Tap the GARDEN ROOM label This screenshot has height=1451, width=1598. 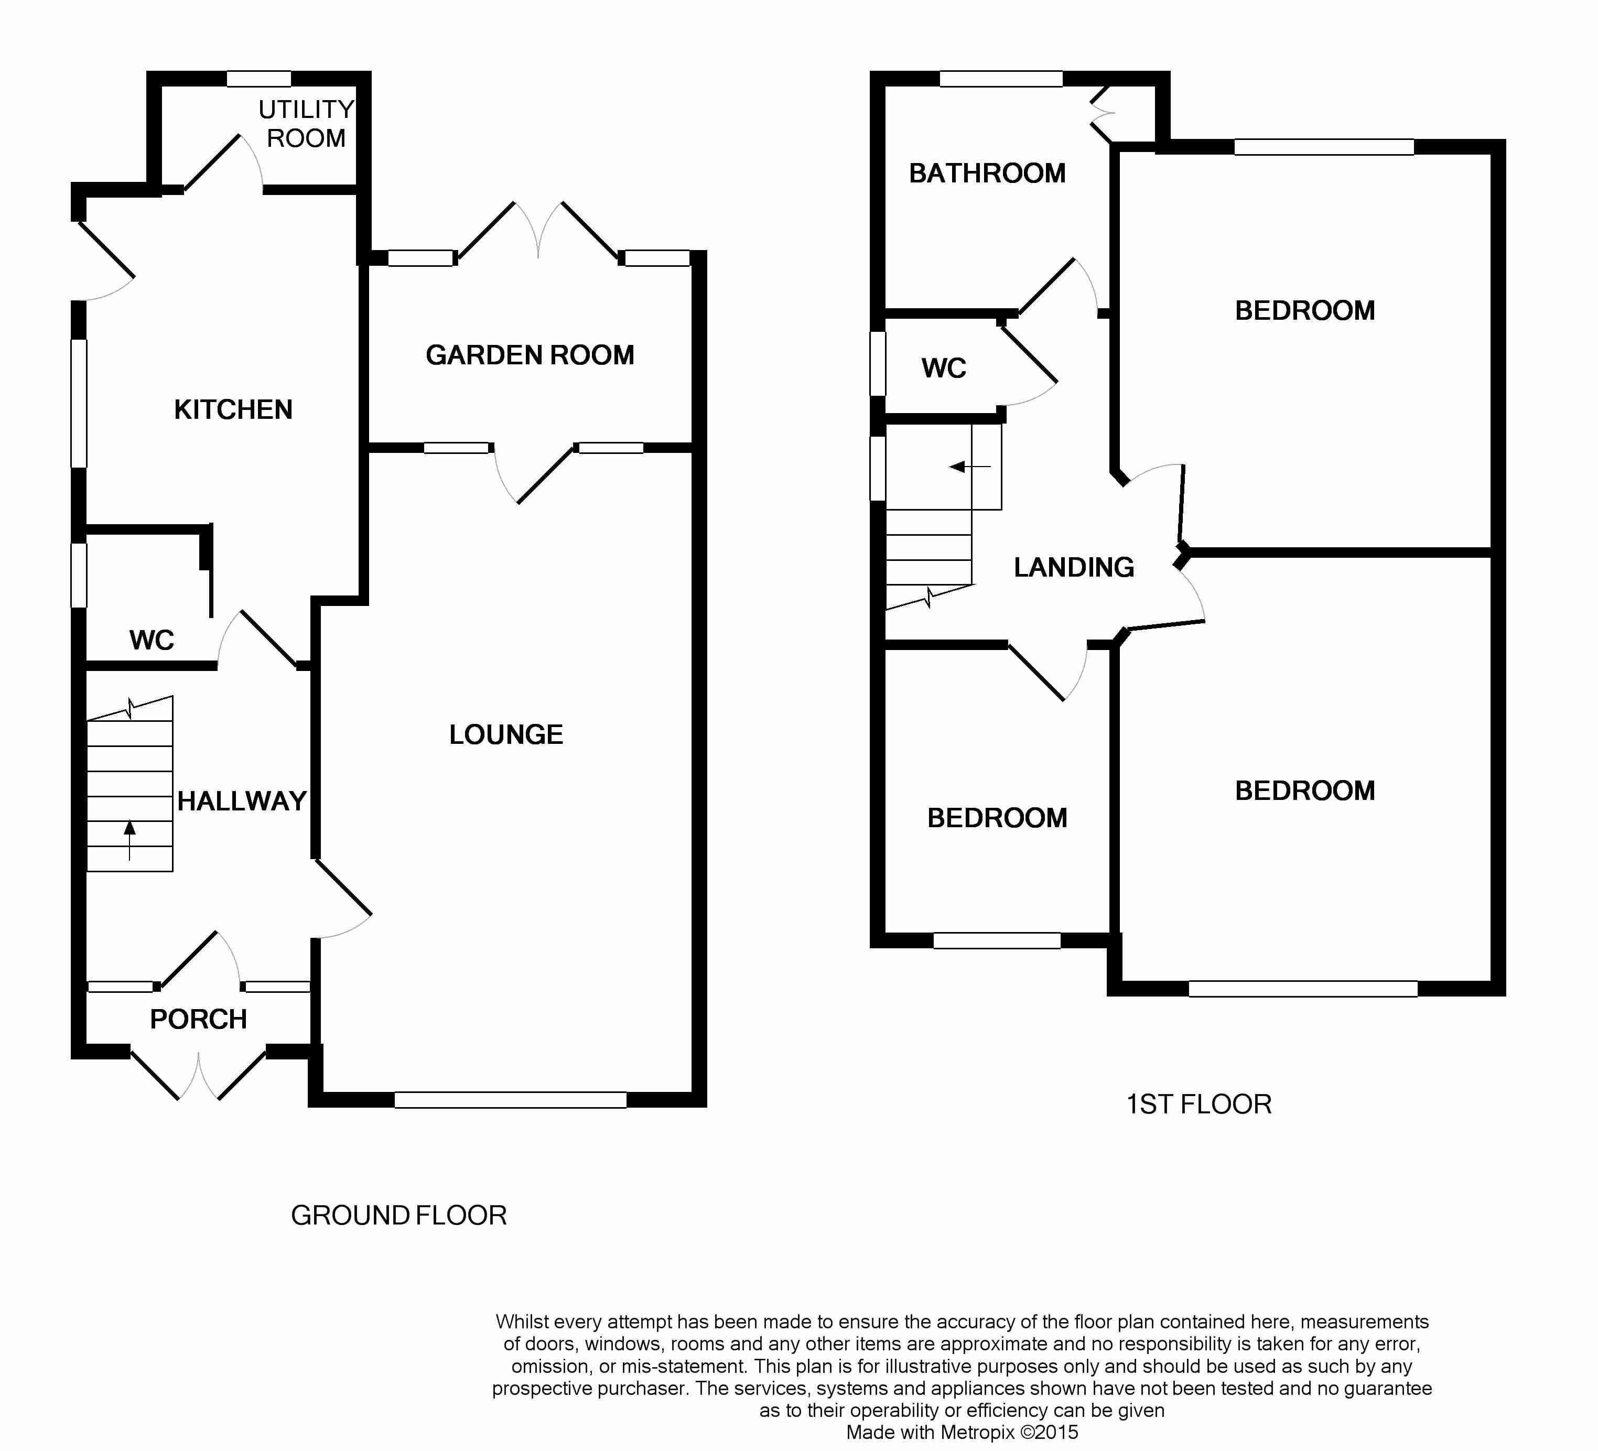[x=530, y=355]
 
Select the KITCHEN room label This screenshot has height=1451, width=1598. [x=233, y=410]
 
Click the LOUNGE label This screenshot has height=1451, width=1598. [x=506, y=734]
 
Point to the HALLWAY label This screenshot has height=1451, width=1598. [x=242, y=801]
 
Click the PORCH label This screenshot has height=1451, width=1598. [x=198, y=1019]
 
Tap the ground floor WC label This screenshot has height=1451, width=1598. [x=152, y=640]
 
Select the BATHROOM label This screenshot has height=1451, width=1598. [x=987, y=174]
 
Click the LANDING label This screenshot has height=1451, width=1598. [x=1074, y=567]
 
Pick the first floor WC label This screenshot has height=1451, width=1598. [x=943, y=369]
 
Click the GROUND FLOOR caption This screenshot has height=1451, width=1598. [x=398, y=1215]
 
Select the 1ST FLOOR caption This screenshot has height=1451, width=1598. [x=1198, y=1104]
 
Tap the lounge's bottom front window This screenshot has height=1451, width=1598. [x=511, y=1099]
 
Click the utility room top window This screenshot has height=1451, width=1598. [x=258, y=79]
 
